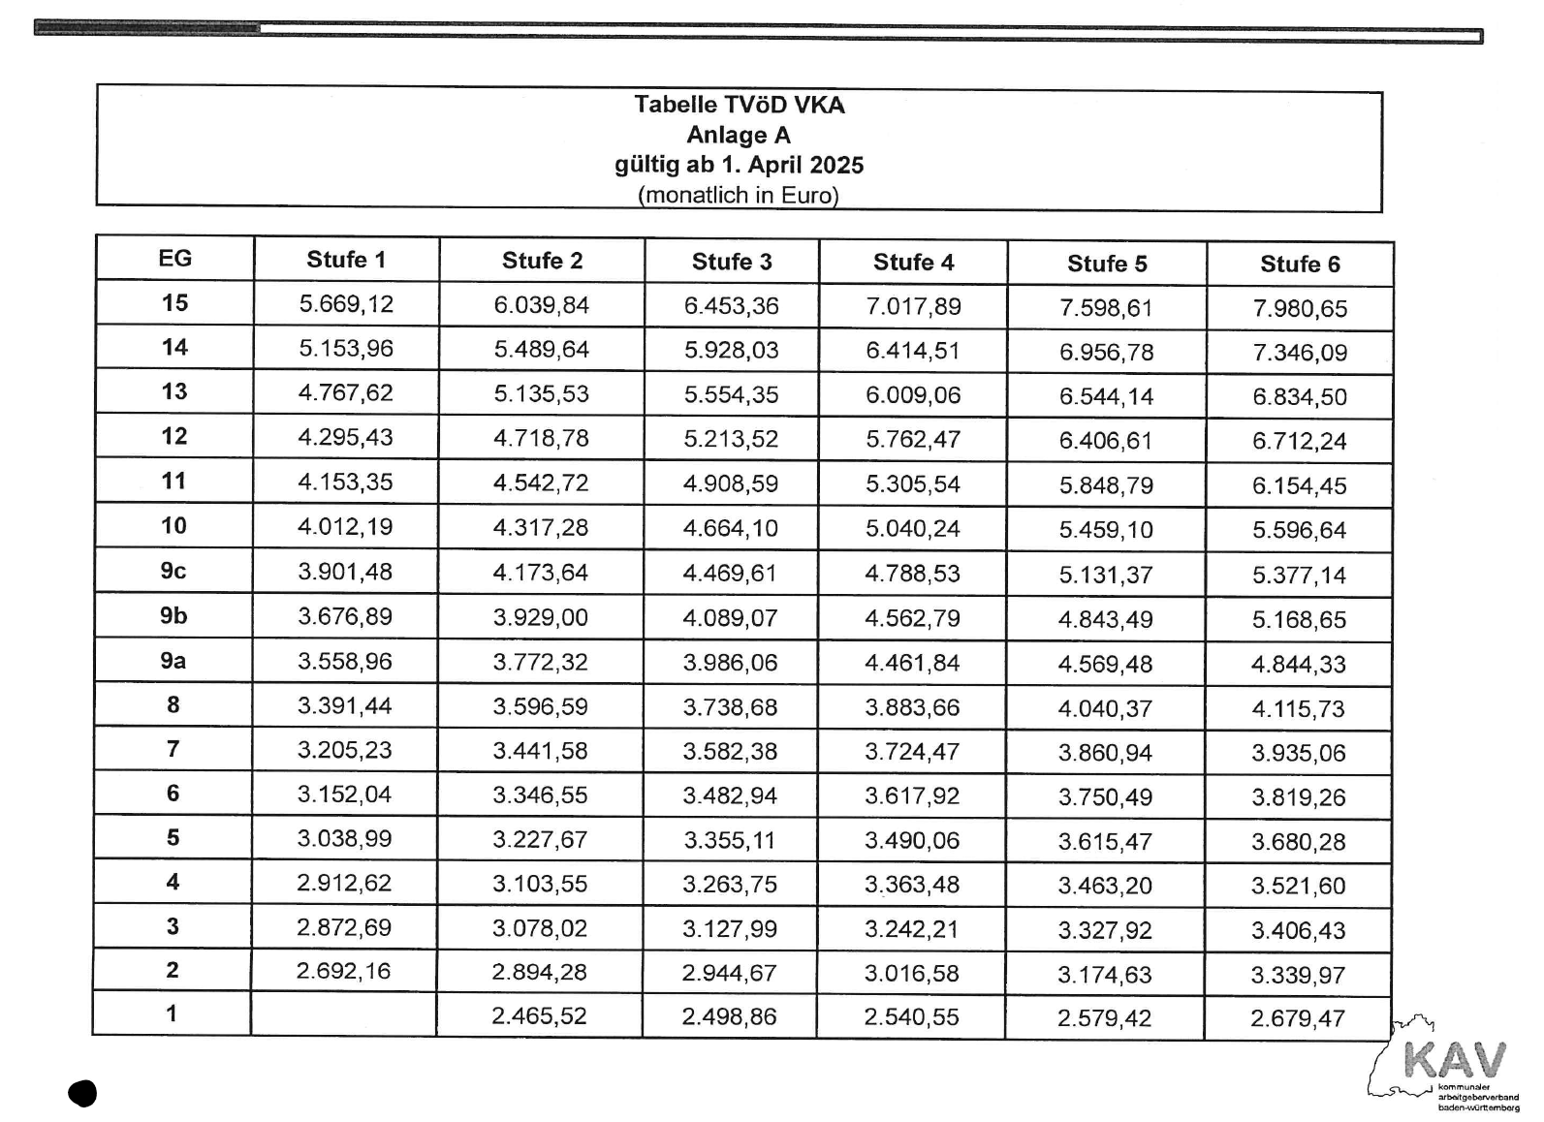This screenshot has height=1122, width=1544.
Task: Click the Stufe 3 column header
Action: tap(732, 262)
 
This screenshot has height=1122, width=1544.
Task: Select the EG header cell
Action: tap(174, 259)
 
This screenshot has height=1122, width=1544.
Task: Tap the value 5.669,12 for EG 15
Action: tap(346, 304)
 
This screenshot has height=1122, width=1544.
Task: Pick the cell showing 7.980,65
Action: tap(1299, 309)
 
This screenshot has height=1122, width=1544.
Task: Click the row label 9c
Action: tap(173, 571)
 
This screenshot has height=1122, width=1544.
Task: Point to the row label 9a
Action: tap(173, 661)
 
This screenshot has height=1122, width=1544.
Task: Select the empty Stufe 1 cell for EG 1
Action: tap(344, 1014)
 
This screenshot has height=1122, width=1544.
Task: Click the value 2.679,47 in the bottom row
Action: tap(1298, 1019)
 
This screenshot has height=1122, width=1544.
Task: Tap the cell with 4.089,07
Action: tap(730, 618)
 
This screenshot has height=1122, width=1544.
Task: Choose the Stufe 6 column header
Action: tap(1300, 265)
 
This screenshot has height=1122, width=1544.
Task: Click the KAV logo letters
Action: tap(1455, 1060)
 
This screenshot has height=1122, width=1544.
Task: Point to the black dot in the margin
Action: tap(83, 1094)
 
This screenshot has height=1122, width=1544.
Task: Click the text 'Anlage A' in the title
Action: tap(739, 135)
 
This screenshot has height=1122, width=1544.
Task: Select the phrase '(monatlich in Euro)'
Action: tap(739, 195)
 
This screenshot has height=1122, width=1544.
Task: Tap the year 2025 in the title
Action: tap(835, 165)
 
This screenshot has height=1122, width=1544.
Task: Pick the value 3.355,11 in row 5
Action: tap(730, 840)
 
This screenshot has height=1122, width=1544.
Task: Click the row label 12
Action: tap(174, 436)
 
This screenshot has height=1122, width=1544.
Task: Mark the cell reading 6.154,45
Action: tap(1299, 486)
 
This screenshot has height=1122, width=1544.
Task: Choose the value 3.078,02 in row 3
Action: tap(539, 928)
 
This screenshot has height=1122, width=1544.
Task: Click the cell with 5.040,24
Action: tap(912, 529)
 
